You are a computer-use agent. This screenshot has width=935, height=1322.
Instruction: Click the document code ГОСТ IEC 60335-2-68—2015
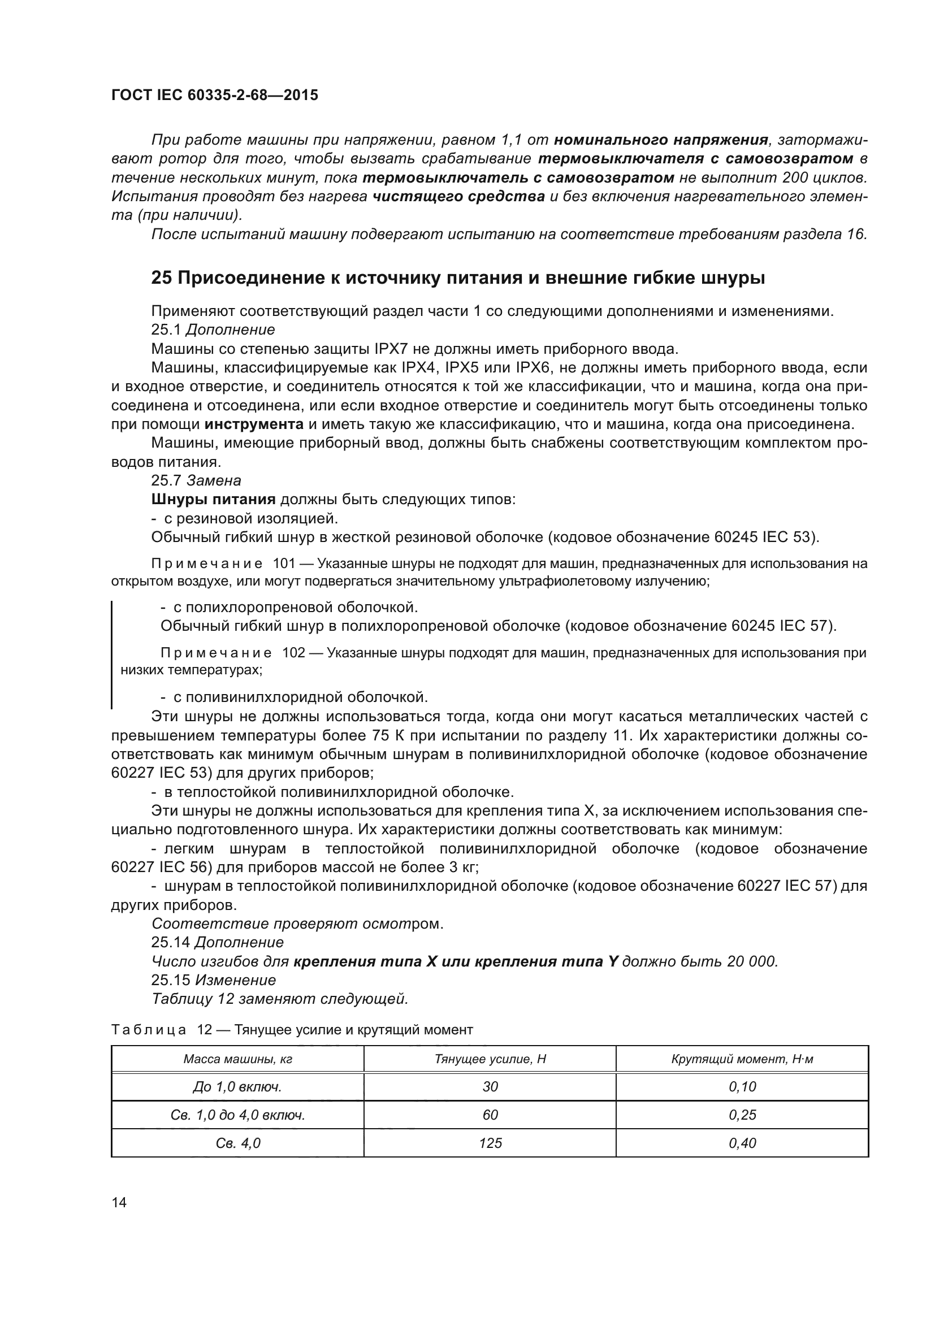214,95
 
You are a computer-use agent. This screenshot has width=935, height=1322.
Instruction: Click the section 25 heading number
161,279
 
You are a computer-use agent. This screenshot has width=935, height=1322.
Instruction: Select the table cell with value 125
490,1142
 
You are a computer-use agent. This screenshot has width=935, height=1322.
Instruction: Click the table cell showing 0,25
742,1115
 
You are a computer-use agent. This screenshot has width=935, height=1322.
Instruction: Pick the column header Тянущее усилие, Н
490,1059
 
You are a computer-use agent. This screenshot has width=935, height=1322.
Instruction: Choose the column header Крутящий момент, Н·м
742,1059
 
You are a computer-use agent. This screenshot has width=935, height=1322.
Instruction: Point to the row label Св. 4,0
238,1142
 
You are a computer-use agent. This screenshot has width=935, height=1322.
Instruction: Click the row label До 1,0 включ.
238,1086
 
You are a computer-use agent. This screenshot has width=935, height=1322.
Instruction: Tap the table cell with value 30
490,1086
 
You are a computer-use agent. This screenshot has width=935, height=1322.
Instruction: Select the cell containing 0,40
742,1142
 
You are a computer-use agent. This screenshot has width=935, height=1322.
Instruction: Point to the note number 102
293,653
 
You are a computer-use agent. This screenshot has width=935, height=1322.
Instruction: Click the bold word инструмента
254,425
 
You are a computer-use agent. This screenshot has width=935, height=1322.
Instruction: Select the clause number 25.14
170,943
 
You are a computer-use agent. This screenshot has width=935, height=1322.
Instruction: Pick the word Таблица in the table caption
149,1029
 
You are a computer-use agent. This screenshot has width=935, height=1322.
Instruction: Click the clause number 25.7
166,481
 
